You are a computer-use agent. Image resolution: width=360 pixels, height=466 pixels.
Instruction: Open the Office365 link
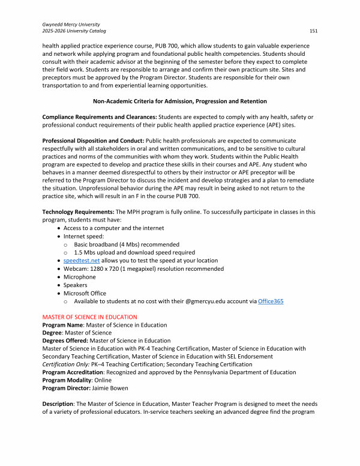click(x=271, y=301)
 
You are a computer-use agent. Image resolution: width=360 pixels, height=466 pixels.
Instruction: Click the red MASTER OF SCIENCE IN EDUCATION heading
click(x=90, y=316)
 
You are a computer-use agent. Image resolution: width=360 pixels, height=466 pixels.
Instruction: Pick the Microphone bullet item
click(x=80, y=277)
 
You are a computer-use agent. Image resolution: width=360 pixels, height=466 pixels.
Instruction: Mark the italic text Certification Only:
click(x=65, y=365)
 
